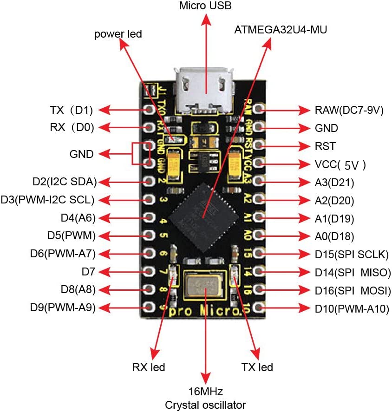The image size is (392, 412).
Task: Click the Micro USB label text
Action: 205,6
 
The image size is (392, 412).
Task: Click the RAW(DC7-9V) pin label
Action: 349,110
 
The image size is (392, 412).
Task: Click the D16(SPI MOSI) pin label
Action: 352,290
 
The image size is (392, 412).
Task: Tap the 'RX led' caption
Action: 149,367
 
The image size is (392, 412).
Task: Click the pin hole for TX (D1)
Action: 149,110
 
